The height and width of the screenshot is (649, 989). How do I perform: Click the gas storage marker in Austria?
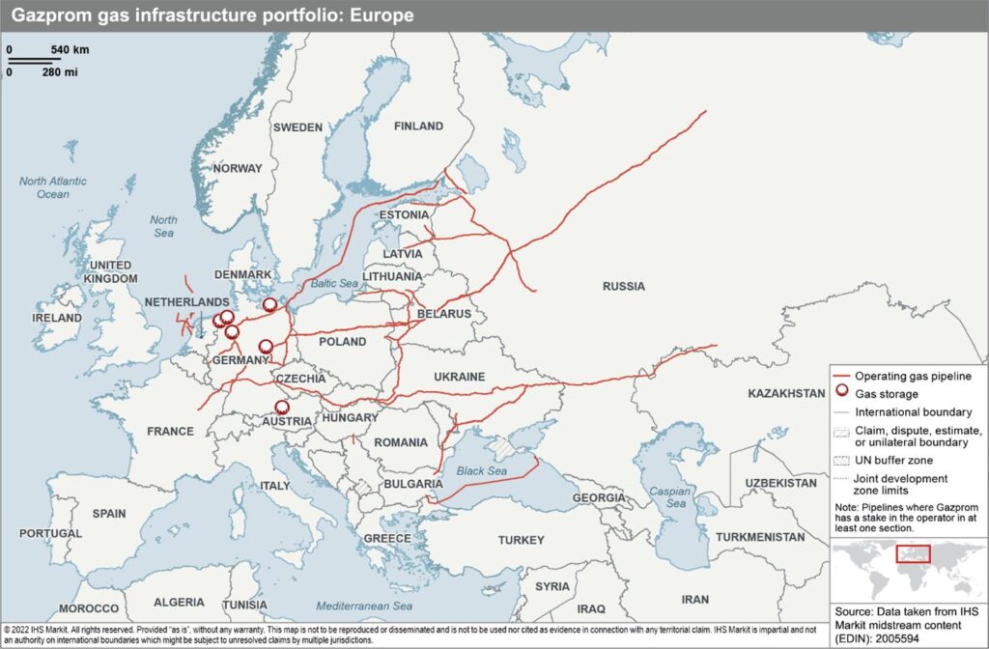coord(281,408)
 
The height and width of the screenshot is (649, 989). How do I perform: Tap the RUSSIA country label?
coord(623,287)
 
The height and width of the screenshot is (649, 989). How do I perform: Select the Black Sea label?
coord(482,470)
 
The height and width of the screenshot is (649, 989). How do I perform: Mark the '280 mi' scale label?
coord(59,71)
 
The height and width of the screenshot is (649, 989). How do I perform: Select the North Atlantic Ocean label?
coord(53,187)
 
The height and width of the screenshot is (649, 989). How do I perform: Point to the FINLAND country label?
coord(418,127)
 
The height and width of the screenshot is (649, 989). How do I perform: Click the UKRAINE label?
coord(460,377)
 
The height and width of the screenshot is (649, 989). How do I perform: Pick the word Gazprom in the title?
coord(48,14)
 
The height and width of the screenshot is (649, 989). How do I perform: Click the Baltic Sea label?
coord(334,284)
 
